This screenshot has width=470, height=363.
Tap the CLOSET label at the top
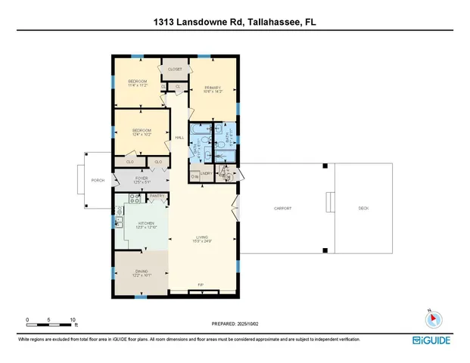[175, 69]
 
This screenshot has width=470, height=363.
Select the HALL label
[179, 138]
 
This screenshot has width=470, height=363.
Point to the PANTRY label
[157, 197]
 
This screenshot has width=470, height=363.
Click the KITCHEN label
[146, 223]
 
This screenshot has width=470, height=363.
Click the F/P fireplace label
[201, 285]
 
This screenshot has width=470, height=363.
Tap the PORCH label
[98, 181]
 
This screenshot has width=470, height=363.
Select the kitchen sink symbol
[120, 222]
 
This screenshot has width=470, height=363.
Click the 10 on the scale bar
[72, 320]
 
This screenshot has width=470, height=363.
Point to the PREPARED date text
[235, 324]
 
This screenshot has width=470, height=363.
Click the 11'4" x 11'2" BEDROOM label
[137, 82]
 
